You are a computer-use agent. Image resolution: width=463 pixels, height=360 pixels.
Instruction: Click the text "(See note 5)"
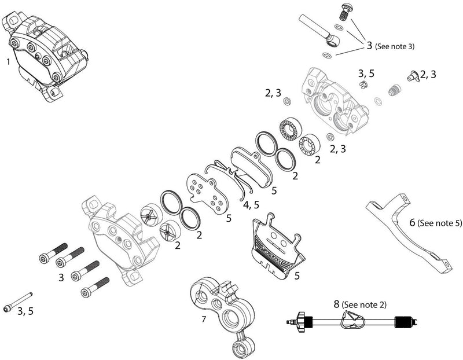click(x=440, y=222)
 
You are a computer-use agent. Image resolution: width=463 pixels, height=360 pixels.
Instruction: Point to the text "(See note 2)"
click(x=364, y=304)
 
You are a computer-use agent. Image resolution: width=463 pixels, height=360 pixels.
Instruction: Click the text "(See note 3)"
click(x=395, y=45)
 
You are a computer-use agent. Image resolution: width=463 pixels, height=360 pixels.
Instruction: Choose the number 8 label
click(x=336, y=303)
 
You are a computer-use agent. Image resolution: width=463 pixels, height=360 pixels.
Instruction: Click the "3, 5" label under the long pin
click(x=25, y=312)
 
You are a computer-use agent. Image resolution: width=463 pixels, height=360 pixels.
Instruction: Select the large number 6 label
click(x=412, y=222)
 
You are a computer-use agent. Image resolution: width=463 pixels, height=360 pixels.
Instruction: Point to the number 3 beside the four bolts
click(x=61, y=278)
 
